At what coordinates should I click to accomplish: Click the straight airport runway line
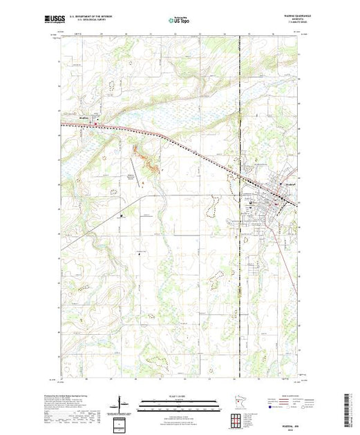click(x=139, y=172)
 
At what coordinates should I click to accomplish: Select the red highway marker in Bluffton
click(x=97, y=125)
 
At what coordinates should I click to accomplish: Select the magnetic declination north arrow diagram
click(x=121, y=403)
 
